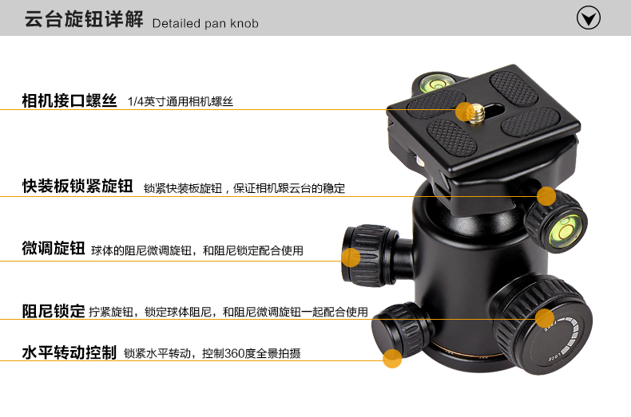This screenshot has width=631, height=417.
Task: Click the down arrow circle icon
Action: click(x=589, y=18)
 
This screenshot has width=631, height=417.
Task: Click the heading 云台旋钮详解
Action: click(x=84, y=19)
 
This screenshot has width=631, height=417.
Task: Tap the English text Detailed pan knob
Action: click(x=205, y=23)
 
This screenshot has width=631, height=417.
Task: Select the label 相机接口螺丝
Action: click(x=69, y=100)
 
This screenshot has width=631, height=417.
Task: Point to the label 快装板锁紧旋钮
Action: click(x=77, y=186)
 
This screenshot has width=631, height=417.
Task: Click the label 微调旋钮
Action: click(x=54, y=248)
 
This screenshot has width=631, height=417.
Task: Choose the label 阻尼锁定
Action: click(x=54, y=311)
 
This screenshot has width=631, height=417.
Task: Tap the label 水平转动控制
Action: click(x=69, y=352)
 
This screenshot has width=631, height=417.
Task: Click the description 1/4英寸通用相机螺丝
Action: click(x=181, y=101)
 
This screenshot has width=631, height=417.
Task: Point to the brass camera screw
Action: click(x=478, y=113)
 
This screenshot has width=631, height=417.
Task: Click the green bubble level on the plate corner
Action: click(x=436, y=82)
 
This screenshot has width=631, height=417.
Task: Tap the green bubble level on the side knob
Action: click(x=565, y=230)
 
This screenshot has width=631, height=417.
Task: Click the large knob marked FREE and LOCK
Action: click(x=544, y=325)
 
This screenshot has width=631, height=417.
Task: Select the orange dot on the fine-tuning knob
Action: click(x=351, y=257)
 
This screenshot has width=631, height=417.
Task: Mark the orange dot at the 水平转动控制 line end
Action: click(x=392, y=358)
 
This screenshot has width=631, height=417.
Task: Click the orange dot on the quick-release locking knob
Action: click(x=546, y=196)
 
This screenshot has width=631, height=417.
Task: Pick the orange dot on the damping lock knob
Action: click(x=545, y=319)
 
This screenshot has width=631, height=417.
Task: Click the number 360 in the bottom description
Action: click(x=235, y=353)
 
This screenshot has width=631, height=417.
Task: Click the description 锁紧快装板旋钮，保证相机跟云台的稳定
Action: click(x=244, y=188)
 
